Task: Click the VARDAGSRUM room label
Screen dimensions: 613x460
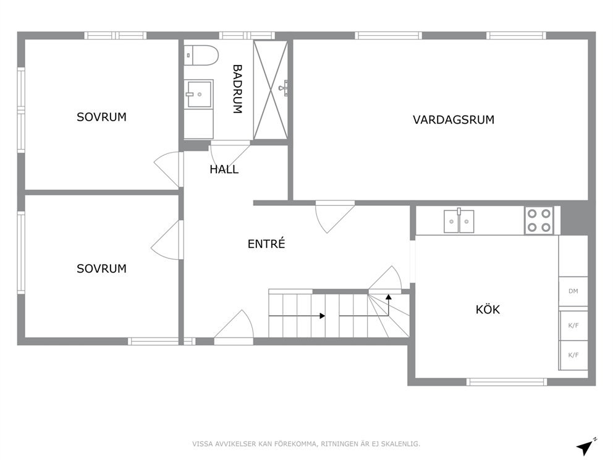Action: coord(454,120)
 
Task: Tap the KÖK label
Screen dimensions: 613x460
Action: coord(488,309)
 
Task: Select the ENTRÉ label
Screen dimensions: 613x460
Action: coord(266,244)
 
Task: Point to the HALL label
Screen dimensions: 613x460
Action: coord(224,169)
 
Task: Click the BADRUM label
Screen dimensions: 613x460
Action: coord(237,89)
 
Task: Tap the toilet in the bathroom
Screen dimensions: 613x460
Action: coord(201,56)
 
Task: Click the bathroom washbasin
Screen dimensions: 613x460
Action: coord(198,93)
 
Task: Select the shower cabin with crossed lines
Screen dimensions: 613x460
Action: coord(271,90)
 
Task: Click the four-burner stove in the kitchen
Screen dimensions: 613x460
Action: coord(539,220)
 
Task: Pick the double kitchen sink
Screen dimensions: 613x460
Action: coord(459,221)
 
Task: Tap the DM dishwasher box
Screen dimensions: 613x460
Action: coord(573,291)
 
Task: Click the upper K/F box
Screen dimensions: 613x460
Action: coord(573,325)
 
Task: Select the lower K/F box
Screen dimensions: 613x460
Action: coord(573,355)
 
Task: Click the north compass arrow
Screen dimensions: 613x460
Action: coord(585,446)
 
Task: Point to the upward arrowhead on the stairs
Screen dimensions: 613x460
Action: coord(388,297)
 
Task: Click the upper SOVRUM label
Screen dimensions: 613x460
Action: coord(101,117)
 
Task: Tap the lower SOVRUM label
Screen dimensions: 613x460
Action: coord(101,269)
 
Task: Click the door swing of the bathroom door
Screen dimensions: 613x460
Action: coord(229,157)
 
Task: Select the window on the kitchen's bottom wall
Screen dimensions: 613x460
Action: coord(507,381)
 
